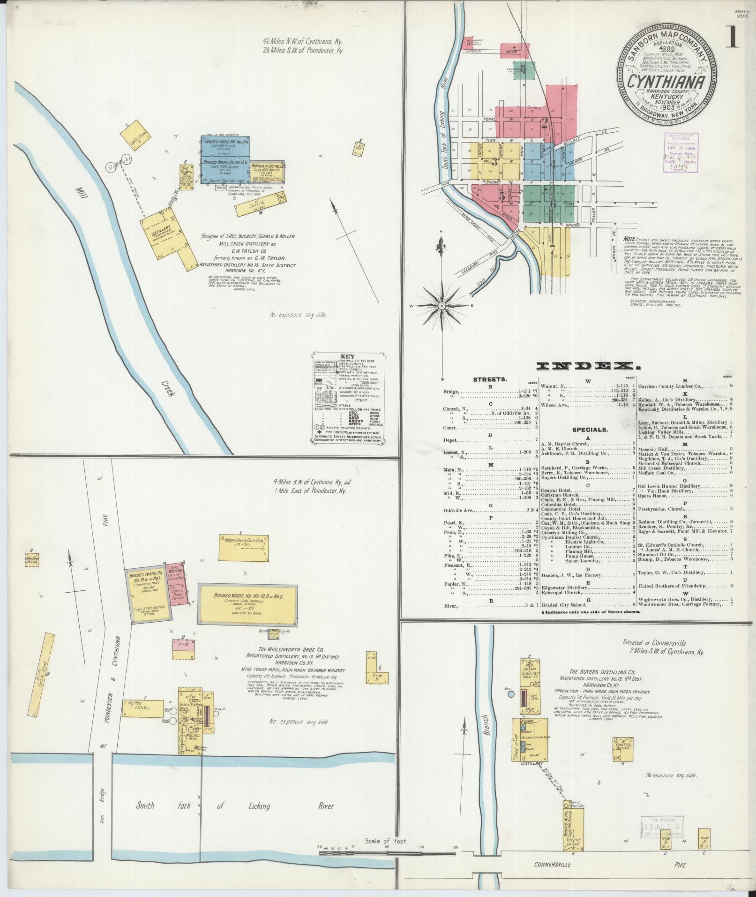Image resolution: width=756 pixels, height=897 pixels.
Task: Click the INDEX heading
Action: pos(589,366)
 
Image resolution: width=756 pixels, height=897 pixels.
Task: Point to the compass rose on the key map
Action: pos(442,306)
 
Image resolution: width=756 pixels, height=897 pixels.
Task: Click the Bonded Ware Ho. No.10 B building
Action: pos(247,604)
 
